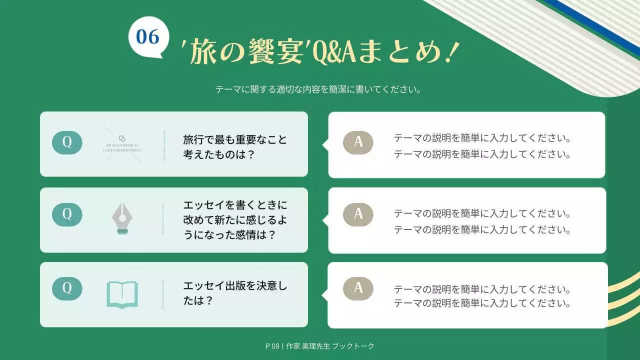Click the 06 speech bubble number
tap(147, 36)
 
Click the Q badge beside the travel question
tap(67, 142)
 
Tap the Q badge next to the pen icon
tap(67, 214)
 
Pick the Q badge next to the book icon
tap(67, 288)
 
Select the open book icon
tap(122, 294)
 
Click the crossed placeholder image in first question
tap(122, 144)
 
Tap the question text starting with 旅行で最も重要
tap(235, 146)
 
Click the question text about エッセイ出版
tap(235, 293)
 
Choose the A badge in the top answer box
tap(358, 142)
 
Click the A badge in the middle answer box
tap(358, 214)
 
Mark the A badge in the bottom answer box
tap(358, 288)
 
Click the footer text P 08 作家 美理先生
tap(320, 346)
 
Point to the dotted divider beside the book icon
tap(163, 294)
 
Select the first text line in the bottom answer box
tap(482, 289)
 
